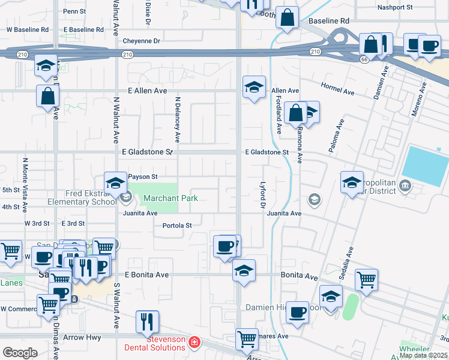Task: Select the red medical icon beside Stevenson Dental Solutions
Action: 194,343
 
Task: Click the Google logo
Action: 20,353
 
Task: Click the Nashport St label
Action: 395,8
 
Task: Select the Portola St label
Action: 177,226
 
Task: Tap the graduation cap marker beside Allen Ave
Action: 254,88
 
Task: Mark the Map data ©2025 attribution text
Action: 423,355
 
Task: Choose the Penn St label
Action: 74,11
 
